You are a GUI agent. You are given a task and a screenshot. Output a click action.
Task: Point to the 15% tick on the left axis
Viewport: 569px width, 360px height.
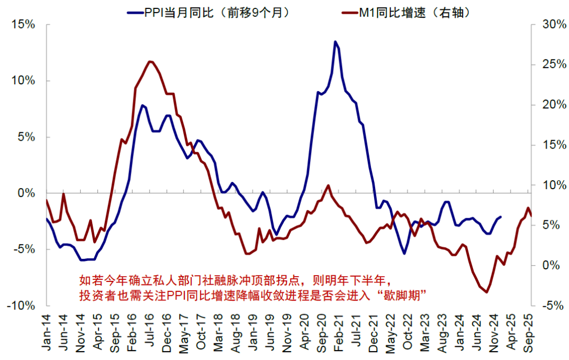[24, 25]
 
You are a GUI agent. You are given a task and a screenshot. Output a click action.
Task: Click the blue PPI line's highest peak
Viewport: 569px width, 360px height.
[335, 41]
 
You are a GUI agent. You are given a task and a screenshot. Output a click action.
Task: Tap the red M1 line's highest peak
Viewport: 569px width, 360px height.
[150, 61]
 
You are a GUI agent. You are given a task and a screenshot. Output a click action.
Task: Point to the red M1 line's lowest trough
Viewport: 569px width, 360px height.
[486, 292]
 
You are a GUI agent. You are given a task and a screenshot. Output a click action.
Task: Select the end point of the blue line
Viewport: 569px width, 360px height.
[501, 217]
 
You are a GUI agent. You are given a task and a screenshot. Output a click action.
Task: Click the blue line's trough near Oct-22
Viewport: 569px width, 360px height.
[405, 254]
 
